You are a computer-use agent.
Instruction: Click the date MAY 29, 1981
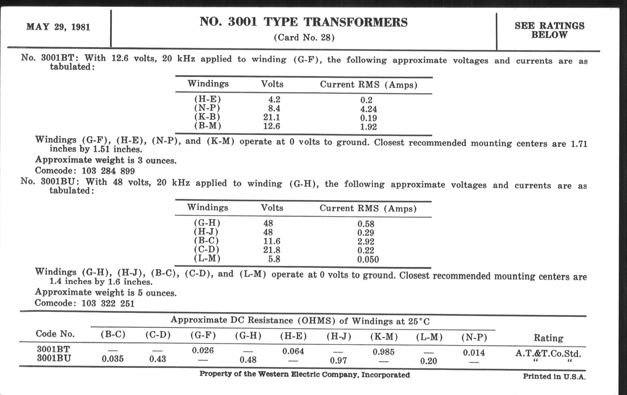(58, 27)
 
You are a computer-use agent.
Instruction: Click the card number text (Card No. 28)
(304, 37)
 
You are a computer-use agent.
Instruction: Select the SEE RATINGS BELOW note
(549, 30)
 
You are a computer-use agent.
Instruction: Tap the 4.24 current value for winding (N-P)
(368, 109)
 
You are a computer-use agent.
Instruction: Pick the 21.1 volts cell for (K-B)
(271, 117)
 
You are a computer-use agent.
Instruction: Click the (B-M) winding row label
(208, 126)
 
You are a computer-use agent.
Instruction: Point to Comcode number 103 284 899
(108, 171)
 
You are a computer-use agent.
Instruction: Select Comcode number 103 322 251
(108, 304)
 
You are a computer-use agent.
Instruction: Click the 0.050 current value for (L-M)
(368, 259)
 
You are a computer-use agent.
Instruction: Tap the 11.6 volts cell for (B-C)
(271, 241)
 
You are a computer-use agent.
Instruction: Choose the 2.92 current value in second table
(366, 241)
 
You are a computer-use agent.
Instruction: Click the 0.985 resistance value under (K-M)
(384, 352)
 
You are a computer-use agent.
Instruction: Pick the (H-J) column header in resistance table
(339, 337)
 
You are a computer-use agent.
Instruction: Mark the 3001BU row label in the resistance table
(54, 359)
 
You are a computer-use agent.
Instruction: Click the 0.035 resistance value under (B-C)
(113, 359)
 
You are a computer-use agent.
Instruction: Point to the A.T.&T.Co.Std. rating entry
(548, 353)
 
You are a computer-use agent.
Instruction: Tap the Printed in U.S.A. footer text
(554, 376)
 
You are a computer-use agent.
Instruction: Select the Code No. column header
(55, 334)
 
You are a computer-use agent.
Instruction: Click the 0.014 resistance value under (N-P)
(474, 353)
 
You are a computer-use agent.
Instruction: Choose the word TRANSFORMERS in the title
(356, 22)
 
